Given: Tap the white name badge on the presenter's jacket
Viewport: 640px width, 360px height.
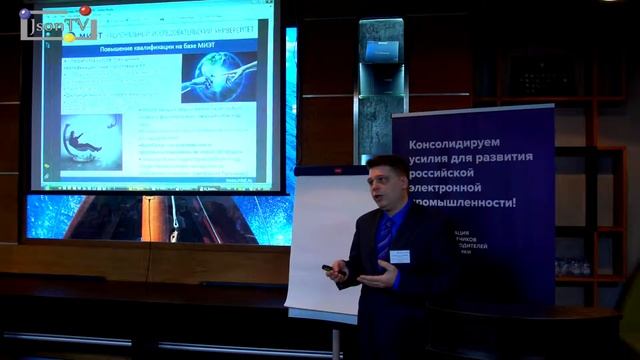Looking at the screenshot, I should (x=400, y=256).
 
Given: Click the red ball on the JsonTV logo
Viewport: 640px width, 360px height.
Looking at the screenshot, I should (x=85, y=11).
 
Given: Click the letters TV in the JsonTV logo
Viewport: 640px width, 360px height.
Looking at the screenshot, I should (x=80, y=27).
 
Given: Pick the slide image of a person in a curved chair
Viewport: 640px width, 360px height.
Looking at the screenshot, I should (x=90, y=140).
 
